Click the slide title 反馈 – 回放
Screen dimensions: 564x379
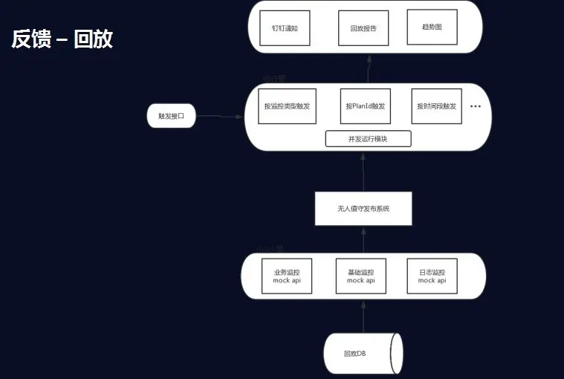click(x=62, y=39)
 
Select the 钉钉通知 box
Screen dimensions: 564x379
click(x=285, y=27)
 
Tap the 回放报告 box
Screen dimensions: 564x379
click(x=363, y=27)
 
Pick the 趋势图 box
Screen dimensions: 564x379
click(x=432, y=27)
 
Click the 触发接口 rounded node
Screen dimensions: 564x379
click(x=172, y=117)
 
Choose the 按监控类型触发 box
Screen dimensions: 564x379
click(x=287, y=106)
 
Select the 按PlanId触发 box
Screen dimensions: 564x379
click(x=365, y=106)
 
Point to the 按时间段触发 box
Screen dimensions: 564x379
click(x=436, y=106)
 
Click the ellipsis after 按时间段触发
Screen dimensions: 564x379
click(x=476, y=106)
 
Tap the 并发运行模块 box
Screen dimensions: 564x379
click(x=368, y=139)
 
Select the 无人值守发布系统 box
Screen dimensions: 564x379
click(x=363, y=209)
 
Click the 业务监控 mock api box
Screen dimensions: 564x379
click(x=286, y=276)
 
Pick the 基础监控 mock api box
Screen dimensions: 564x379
click(x=360, y=276)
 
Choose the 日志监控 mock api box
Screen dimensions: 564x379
click(x=432, y=276)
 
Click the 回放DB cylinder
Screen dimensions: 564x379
click(x=362, y=353)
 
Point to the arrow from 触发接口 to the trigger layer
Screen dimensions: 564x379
click(x=220, y=117)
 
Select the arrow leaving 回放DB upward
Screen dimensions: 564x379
click(x=363, y=316)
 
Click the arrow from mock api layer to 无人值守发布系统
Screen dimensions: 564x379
click(x=363, y=239)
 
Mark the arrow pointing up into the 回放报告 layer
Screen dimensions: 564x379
click(x=368, y=69)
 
